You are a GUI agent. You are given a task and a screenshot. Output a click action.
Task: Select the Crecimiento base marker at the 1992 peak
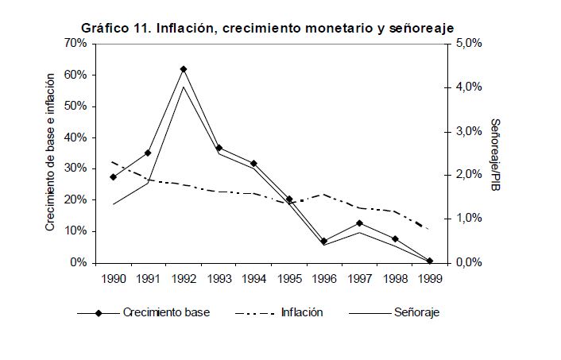(x=184, y=69)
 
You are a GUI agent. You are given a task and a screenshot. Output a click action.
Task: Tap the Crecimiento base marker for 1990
(x=113, y=176)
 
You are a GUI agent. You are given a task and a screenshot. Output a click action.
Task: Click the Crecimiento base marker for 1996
(x=324, y=241)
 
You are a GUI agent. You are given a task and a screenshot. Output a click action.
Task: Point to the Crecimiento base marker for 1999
(x=430, y=261)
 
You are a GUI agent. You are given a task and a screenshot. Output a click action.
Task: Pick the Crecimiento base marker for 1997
(x=359, y=223)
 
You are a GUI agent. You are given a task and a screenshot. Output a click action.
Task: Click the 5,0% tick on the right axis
(x=468, y=44)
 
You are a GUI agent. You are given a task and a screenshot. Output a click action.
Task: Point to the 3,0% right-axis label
(x=468, y=131)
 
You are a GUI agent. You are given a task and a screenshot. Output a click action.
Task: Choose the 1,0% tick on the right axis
(x=468, y=219)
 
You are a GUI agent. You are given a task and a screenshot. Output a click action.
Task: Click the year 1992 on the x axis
(x=184, y=280)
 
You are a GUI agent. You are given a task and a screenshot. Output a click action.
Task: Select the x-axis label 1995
(x=289, y=280)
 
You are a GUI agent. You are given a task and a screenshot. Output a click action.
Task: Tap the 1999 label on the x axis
(x=430, y=280)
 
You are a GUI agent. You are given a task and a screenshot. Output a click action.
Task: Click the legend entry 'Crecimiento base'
(x=166, y=312)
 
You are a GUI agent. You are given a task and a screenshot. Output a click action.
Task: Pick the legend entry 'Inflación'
(x=302, y=312)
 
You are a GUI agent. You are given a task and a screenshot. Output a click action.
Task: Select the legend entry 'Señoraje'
(x=416, y=312)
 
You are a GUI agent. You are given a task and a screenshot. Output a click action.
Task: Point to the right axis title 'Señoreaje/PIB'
(x=494, y=156)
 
